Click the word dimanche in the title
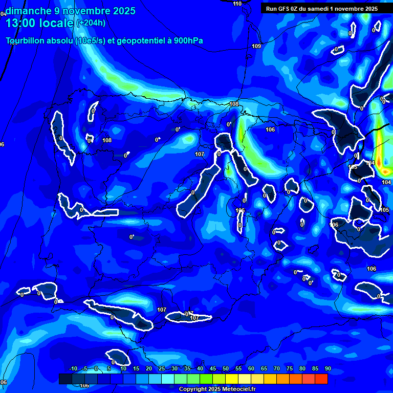26,11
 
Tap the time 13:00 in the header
21,23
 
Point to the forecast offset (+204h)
91,23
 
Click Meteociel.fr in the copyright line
238,389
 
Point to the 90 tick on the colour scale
327,369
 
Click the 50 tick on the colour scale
225,369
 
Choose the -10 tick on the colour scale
73,369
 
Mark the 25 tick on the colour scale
162,369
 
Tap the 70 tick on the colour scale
276,369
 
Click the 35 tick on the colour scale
187,369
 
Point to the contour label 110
237,4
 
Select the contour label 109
256,47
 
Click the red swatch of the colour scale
321,379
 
